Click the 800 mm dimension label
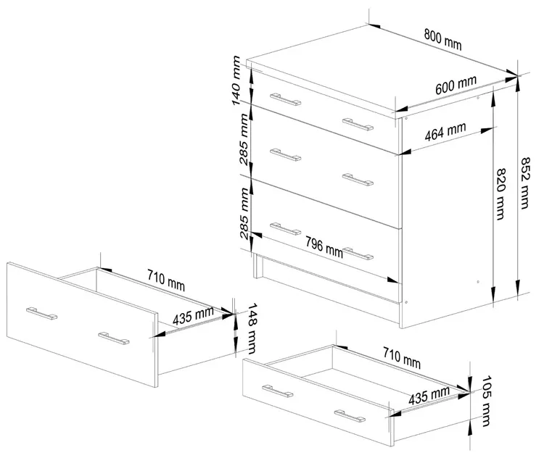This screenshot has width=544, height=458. pos(442,39)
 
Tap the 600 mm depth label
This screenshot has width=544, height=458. pos(456,85)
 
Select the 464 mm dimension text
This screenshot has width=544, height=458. pos(445,132)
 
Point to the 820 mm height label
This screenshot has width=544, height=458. pos(500,193)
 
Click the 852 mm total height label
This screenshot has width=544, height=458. pos(525,183)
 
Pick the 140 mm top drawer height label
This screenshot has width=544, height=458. pos(236,80)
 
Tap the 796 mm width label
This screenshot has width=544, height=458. pos(324,247)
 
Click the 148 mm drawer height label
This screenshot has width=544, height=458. pos(252,329)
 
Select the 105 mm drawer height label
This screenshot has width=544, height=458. pos(487,401)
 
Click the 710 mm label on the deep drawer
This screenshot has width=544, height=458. pos(166,280)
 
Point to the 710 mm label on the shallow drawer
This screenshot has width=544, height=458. pos(402,358)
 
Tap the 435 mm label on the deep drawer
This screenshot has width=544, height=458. pos(193,315)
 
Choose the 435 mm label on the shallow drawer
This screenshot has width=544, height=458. pos(429,396)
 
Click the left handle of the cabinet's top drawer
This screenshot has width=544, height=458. pos(286,99)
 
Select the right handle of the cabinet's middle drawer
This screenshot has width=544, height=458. pos(358,180)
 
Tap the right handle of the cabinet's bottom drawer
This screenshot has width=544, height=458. pos(358,254)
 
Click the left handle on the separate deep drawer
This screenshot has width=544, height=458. pos(41,313)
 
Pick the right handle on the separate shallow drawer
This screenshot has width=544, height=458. pos(350,416)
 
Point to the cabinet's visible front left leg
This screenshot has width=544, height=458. pos(257,265)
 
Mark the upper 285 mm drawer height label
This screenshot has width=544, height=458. pos(244,140)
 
